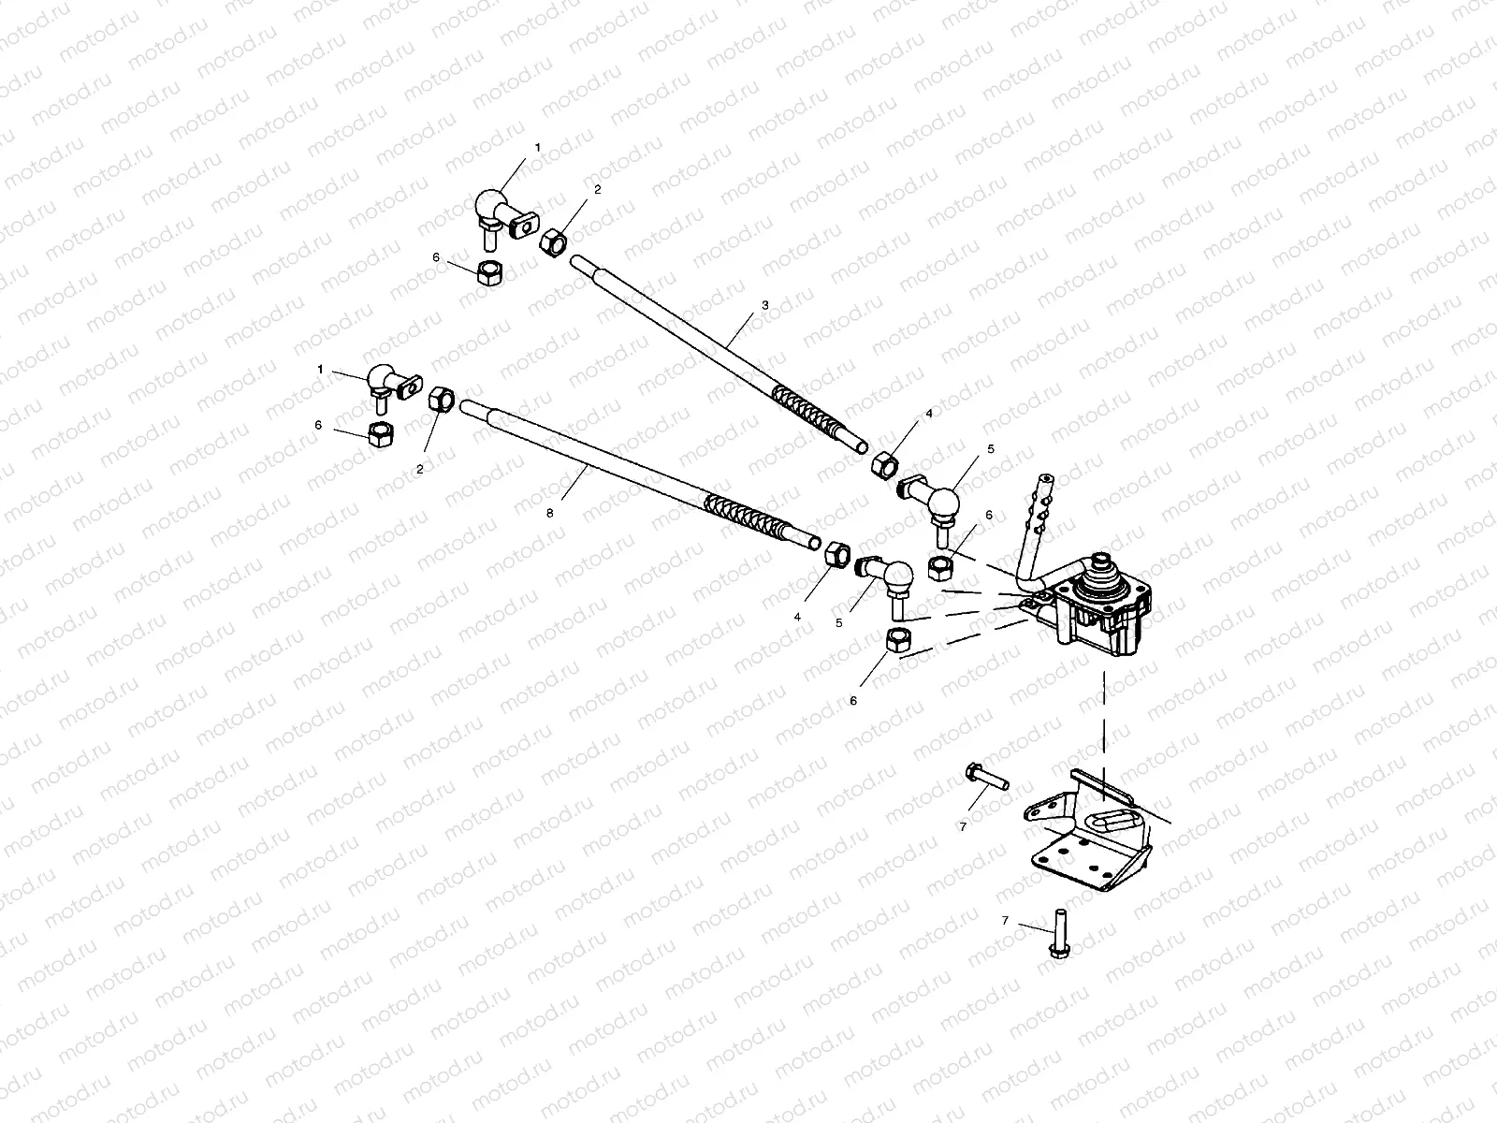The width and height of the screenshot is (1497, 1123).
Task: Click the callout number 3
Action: [764, 305]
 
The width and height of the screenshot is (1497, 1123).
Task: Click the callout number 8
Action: [550, 514]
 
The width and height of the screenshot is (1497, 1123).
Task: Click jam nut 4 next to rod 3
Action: [884, 463]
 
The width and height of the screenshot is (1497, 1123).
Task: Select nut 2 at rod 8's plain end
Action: [442, 400]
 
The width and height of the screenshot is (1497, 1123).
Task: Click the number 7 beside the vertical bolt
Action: [1006, 921]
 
